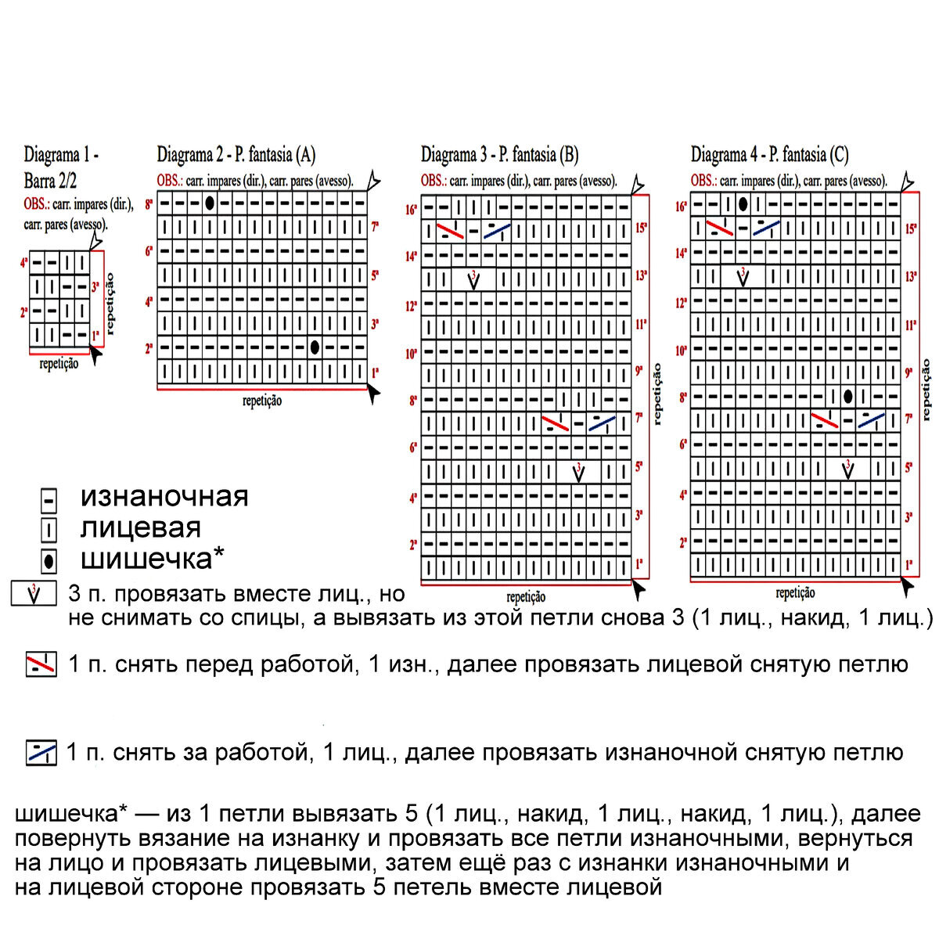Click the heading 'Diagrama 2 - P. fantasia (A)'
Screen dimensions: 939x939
coord(236,155)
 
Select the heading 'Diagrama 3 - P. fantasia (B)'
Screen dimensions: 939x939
coord(499,155)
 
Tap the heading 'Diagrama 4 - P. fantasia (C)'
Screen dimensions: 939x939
coord(769,155)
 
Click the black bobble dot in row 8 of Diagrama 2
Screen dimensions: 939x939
coord(210,203)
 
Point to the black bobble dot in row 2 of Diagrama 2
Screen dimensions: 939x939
coord(315,347)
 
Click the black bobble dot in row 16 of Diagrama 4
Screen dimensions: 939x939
coord(743,205)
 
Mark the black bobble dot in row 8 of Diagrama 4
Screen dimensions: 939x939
coord(848,397)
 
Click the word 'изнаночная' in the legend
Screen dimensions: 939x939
coord(164,496)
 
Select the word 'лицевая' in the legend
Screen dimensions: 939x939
coord(141,528)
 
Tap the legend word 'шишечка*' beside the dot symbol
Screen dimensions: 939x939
coord(153,559)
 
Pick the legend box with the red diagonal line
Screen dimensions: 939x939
coord(41,664)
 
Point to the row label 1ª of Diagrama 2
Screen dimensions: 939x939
coord(376,372)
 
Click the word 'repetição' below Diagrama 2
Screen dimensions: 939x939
coord(262,401)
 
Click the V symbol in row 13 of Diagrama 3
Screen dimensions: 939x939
coord(474,279)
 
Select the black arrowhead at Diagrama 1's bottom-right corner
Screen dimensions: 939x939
coord(96,357)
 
